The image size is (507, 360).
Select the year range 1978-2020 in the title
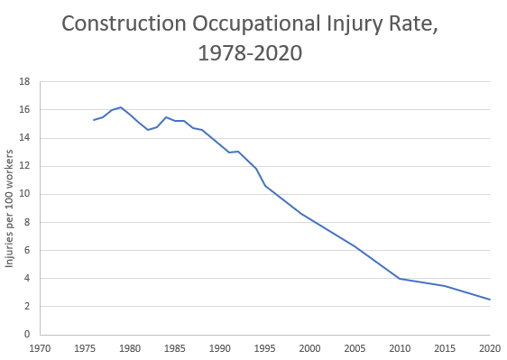click(x=250, y=54)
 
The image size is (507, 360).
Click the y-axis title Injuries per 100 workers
click(x=11, y=208)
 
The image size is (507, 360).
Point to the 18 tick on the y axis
click(x=24, y=81)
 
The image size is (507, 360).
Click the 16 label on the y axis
click(x=24, y=109)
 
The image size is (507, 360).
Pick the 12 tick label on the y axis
click(x=24, y=166)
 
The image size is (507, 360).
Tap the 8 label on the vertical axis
click(x=27, y=222)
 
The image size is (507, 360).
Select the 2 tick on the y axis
click(x=27, y=306)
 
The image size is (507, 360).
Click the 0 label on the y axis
click(x=27, y=335)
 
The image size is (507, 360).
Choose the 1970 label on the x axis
click(x=40, y=347)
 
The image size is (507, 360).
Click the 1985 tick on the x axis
click(x=175, y=347)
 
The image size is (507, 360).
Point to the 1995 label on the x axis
click(x=265, y=347)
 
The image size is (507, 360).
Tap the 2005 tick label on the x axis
click(x=355, y=347)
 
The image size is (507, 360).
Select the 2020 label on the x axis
click(x=490, y=347)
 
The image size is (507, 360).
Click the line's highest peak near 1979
click(x=121, y=107)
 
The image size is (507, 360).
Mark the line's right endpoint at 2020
click(x=490, y=300)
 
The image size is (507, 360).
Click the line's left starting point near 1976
click(x=94, y=120)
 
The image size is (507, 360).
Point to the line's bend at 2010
click(x=400, y=279)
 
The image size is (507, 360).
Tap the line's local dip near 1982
click(x=148, y=130)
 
